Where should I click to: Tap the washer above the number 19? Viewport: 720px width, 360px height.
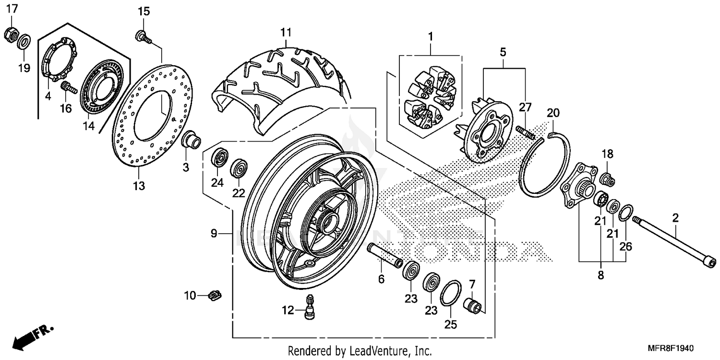tap(22, 42)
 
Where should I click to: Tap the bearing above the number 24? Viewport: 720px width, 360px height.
tap(219, 158)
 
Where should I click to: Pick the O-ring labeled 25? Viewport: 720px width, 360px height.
tap(451, 293)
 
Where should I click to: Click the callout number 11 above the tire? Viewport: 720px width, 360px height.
tap(286, 33)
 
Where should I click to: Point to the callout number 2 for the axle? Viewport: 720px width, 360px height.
tap(675, 218)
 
